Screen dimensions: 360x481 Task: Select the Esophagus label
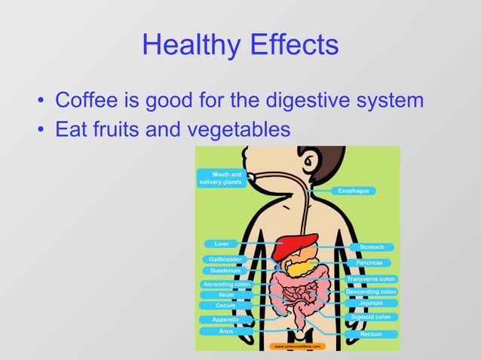pyautogui.click(x=354, y=191)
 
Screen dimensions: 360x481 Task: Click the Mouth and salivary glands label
pyautogui.click(x=222, y=178)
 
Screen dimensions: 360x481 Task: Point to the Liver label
pyautogui.click(x=221, y=244)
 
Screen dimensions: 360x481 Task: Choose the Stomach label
pyautogui.click(x=372, y=247)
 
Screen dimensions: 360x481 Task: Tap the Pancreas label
pyautogui.click(x=369, y=263)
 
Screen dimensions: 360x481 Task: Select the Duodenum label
pyautogui.click(x=225, y=270)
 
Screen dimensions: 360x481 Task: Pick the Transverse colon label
pyautogui.click(x=371, y=279)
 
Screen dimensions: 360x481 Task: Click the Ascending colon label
pyautogui.click(x=226, y=284)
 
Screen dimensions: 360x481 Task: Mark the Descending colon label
pyautogui.click(x=371, y=291)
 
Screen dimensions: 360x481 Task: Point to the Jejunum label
pyautogui.click(x=371, y=303)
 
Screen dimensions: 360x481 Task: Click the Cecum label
pyautogui.click(x=225, y=306)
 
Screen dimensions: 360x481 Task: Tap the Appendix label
pyautogui.click(x=225, y=320)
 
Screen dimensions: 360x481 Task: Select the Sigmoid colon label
pyautogui.click(x=370, y=317)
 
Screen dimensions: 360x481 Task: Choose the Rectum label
pyautogui.click(x=371, y=334)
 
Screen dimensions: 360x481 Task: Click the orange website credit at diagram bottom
pyautogui.click(x=298, y=346)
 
